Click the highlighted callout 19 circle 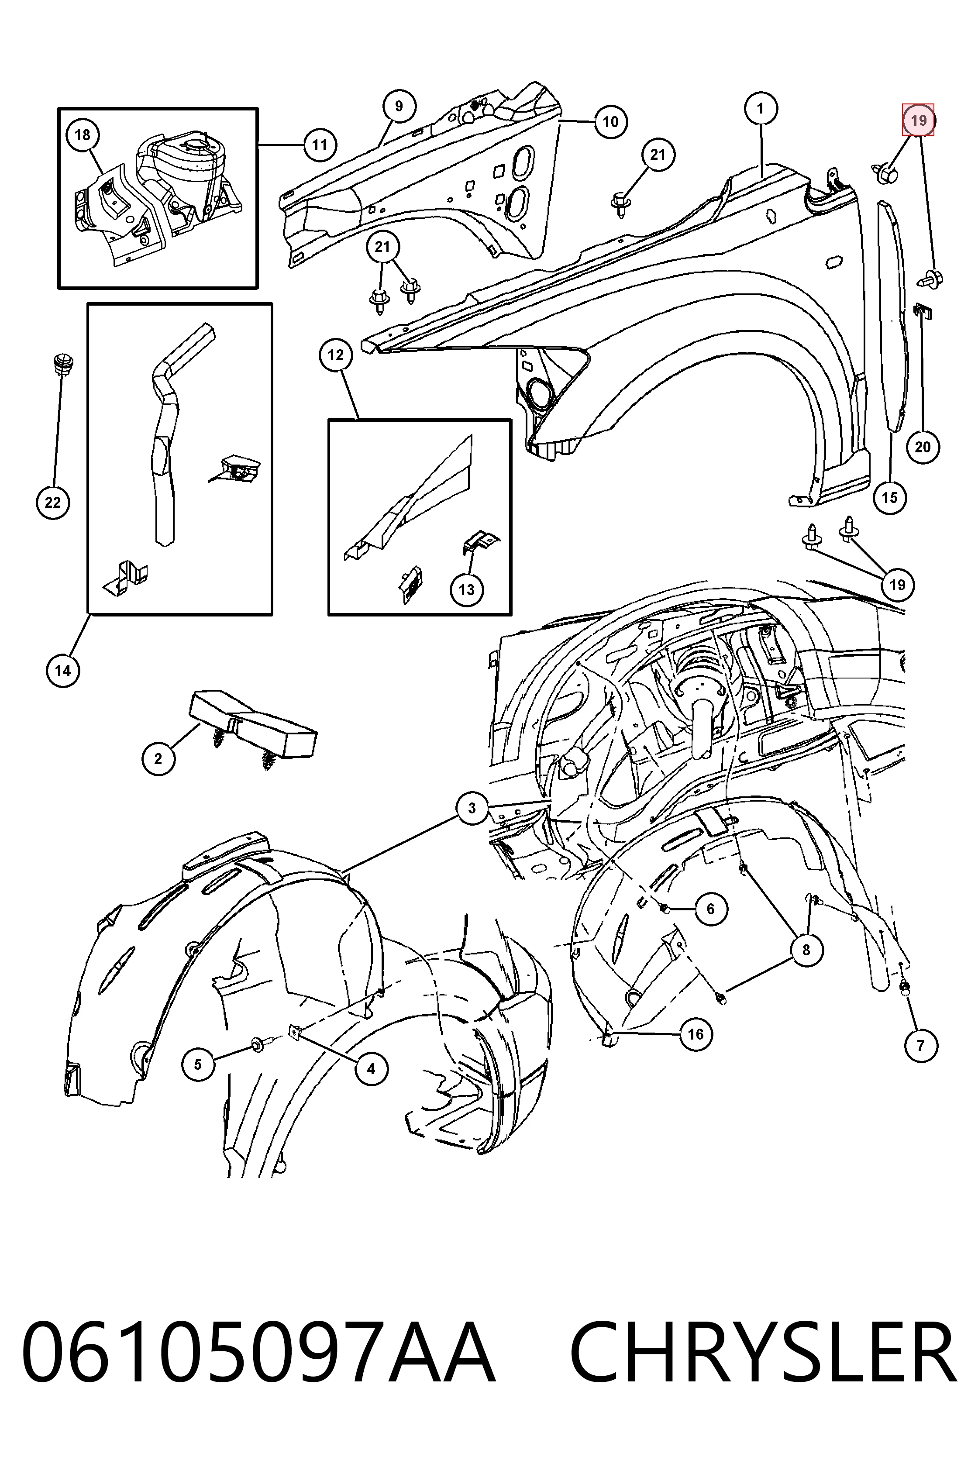click(918, 120)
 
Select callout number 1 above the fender click(760, 109)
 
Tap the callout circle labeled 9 click(399, 106)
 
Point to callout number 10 click(611, 122)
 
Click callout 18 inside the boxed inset click(83, 135)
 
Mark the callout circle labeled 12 click(336, 355)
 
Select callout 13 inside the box click(467, 589)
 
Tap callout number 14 click(63, 671)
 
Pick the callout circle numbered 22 click(53, 502)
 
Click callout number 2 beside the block click(158, 758)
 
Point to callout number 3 click(472, 808)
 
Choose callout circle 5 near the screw click(198, 1064)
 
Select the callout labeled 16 click(696, 1035)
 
